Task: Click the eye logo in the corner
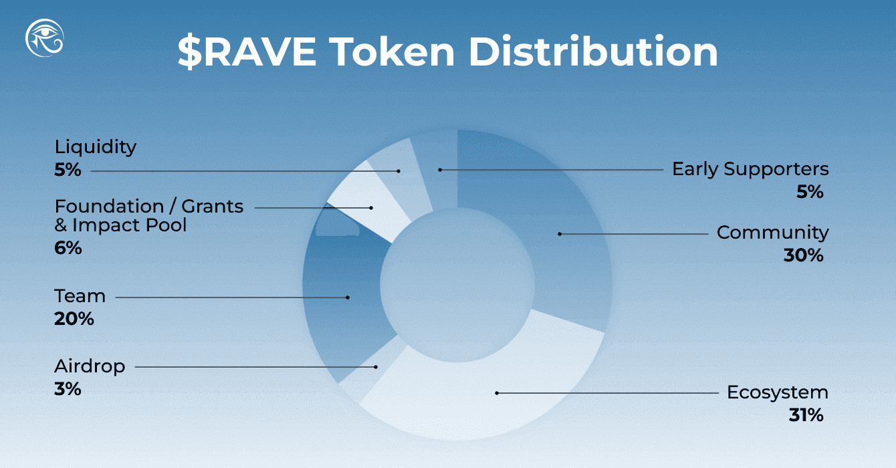tap(45, 38)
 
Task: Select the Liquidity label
tap(96, 146)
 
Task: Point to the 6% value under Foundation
tap(68, 248)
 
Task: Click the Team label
tap(80, 296)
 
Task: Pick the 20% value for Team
tap(74, 319)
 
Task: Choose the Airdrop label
tap(89, 366)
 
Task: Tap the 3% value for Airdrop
tap(68, 389)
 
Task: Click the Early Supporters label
tap(750, 169)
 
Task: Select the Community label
tap(772, 233)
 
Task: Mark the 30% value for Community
tap(803, 255)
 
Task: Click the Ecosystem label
tap(778, 392)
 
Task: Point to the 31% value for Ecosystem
tap(805, 415)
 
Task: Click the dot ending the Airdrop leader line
tap(376, 367)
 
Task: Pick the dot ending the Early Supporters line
tap(440, 170)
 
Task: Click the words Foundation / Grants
tap(149, 206)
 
